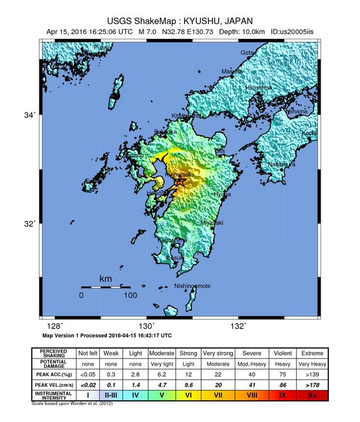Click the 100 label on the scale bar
coord(131,296)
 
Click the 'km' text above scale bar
coord(106,279)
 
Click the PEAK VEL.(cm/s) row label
coord(57,385)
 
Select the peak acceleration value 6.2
coord(163,374)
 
